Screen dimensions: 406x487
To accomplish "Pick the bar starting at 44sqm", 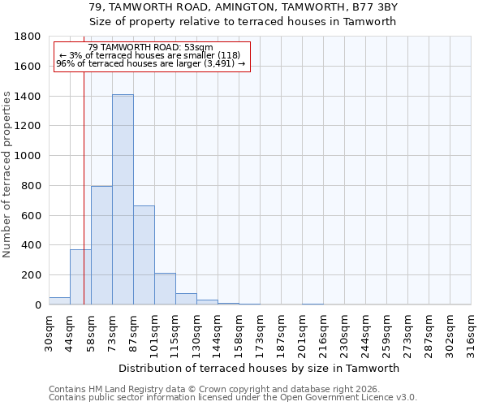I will (80, 277).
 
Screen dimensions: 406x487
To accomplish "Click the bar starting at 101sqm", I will (165, 289).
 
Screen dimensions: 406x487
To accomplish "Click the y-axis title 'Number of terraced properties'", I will (7, 175).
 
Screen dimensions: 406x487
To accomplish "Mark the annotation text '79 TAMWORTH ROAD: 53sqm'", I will (150, 48).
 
